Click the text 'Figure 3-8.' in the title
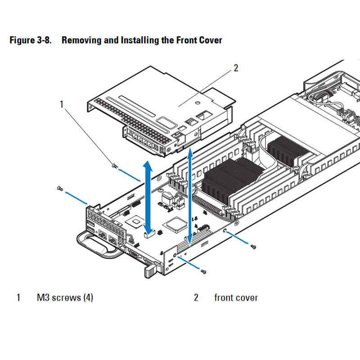[x=31, y=40]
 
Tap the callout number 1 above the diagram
[x=62, y=104]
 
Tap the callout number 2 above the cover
[x=235, y=68]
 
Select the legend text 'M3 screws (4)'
[x=65, y=297]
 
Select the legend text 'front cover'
[x=236, y=297]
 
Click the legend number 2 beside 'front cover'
[x=196, y=297]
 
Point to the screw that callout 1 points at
[x=114, y=166]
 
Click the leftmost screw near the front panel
[x=59, y=189]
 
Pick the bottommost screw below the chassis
[x=203, y=271]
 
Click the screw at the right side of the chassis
[x=254, y=246]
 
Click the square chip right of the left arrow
[x=174, y=224]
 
